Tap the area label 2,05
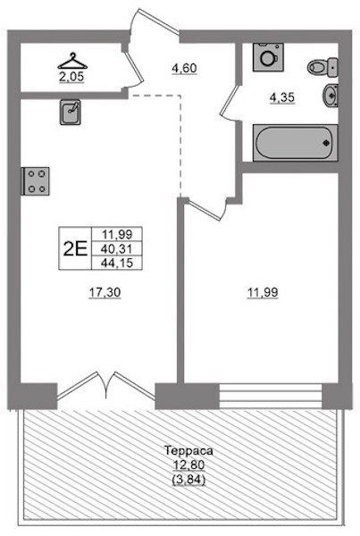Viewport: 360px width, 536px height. (x=71, y=77)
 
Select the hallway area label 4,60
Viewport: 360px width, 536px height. (x=184, y=69)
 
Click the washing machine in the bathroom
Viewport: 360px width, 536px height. (x=268, y=57)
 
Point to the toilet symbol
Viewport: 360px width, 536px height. (x=322, y=67)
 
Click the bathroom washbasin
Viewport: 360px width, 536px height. (x=330, y=96)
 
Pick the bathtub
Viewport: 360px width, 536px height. (x=295, y=143)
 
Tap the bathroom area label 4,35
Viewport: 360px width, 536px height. (x=282, y=98)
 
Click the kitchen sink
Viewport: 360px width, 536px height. (x=71, y=113)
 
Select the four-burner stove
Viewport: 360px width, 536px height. (x=36, y=181)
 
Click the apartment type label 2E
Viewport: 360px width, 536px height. (x=75, y=248)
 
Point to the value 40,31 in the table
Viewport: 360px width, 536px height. (x=117, y=248)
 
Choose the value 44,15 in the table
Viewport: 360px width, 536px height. (x=117, y=263)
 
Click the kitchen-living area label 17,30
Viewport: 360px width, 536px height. (x=105, y=293)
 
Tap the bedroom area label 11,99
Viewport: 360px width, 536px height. (x=263, y=293)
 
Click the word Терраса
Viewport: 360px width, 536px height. (x=188, y=450)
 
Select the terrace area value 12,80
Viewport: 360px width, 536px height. (x=188, y=465)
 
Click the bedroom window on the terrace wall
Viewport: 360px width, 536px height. (x=271, y=396)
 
